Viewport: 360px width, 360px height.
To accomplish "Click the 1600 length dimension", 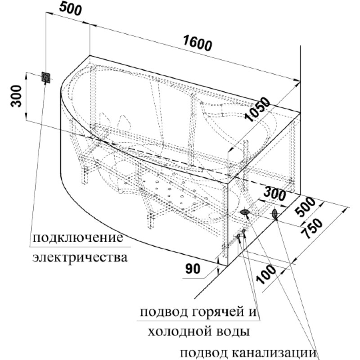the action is (198, 43).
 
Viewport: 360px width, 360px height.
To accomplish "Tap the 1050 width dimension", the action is (257, 109).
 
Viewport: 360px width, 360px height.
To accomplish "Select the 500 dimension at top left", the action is (71, 9).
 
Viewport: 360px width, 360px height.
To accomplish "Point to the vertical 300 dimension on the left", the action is (16, 96).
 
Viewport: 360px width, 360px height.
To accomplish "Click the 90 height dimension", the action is (193, 269).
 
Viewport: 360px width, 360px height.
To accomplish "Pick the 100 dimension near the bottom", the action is (265, 274).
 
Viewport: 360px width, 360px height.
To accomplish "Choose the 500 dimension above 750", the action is (305, 207).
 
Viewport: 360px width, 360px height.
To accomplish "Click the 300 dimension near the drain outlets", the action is (274, 194).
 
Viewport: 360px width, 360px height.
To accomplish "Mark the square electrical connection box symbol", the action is (46, 77).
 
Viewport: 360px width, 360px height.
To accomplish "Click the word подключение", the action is (78, 238).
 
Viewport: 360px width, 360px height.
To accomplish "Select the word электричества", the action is (80, 257).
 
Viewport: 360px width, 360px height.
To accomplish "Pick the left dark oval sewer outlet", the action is (245, 212).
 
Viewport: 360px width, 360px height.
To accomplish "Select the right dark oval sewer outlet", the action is (274, 214).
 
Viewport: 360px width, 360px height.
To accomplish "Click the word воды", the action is (233, 332).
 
